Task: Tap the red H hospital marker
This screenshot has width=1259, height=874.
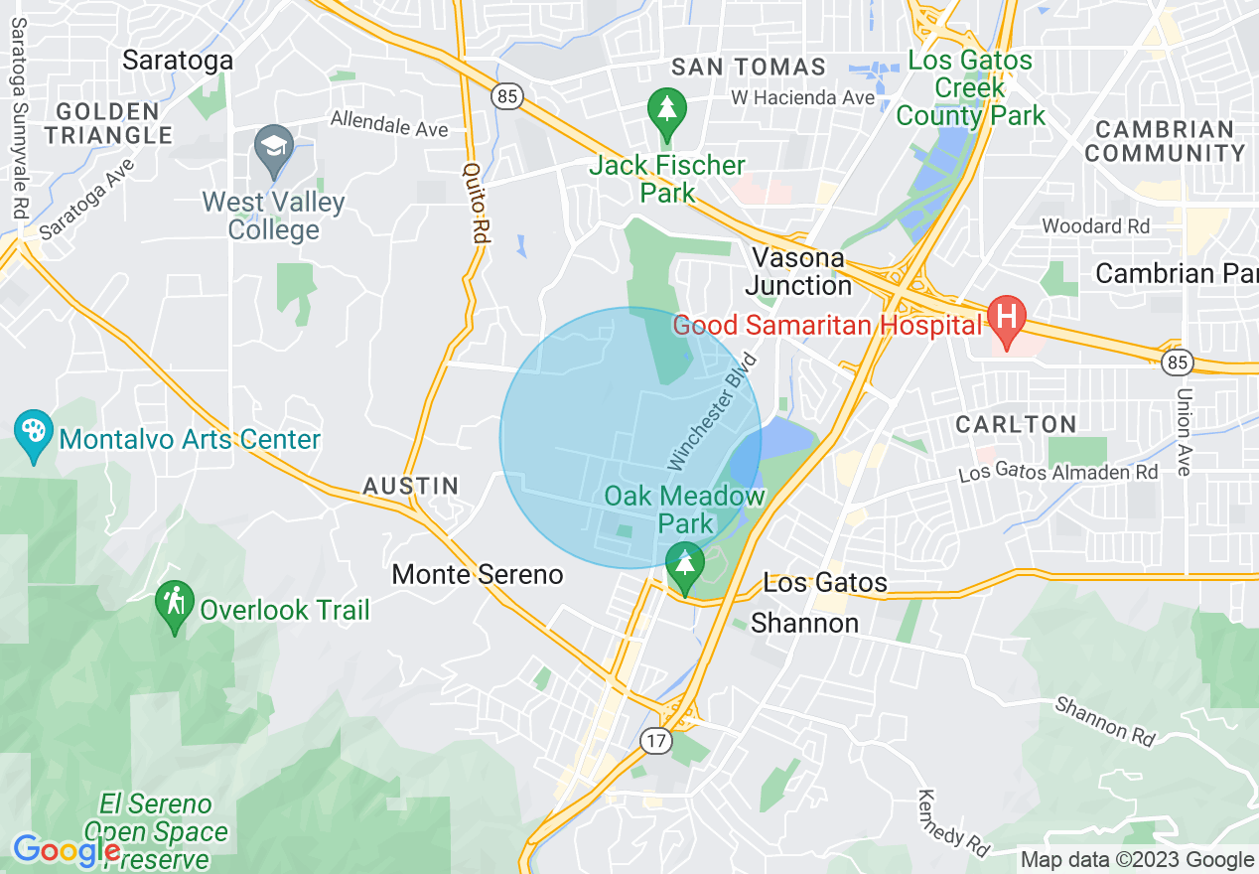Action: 1006,320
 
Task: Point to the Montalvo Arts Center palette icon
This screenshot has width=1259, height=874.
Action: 34,433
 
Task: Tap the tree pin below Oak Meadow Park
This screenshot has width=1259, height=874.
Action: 684,563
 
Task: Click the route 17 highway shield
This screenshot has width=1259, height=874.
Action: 654,740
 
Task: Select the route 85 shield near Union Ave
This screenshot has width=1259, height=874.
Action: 1178,363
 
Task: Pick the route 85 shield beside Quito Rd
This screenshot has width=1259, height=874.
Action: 506,96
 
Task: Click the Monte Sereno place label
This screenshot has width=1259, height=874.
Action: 478,574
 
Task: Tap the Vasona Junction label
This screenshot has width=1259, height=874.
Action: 798,271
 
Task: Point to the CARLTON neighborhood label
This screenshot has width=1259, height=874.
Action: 1016,424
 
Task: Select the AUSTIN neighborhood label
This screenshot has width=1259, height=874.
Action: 411,486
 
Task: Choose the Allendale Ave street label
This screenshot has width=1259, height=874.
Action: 389,124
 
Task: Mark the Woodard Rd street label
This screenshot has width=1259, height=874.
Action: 1095,226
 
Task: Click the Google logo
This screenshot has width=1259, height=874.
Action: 66,850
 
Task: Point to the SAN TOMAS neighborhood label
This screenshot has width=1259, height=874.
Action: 749,68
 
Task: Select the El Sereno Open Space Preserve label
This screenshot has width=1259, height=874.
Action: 156,831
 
